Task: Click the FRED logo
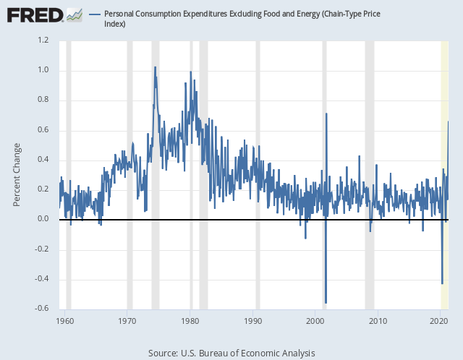[x=34, y=14]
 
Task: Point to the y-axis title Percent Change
[x=17, y=174]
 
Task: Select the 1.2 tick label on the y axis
[x=44, y=40]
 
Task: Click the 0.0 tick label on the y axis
[x=44, y=219]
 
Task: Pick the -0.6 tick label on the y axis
[x=43, y=309]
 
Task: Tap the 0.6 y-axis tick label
[x=44, y=130]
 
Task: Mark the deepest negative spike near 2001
[x=326, y=302]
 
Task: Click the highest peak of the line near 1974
[x=155, y=67]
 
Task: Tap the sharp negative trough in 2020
[x=442, y=283]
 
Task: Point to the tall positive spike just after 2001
[x=327, y=113]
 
